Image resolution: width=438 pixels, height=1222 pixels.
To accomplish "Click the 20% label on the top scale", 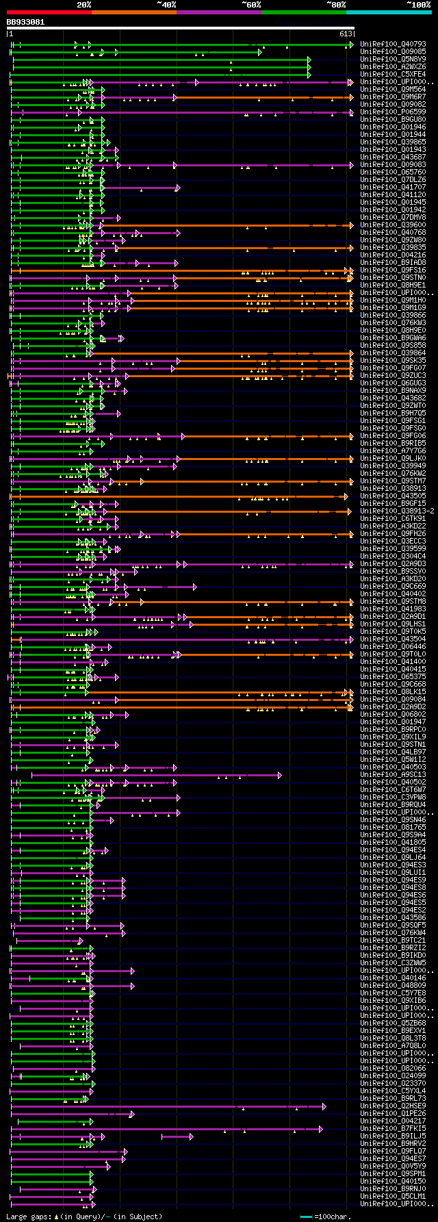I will tap(84, 4).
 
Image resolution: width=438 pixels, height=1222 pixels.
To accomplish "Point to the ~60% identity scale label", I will tap(250, 4).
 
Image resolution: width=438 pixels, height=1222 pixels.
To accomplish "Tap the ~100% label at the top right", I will tap(418, 4).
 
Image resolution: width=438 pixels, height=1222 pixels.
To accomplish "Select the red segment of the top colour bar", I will tap(49, 12).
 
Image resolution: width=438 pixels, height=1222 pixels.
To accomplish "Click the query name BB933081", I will tap(25, 22).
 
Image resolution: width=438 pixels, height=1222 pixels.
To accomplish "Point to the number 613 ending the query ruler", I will tap(345, 34).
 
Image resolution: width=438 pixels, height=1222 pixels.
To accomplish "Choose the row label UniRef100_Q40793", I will tap(392, 44).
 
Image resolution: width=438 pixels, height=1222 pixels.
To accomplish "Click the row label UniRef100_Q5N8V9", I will tap(392, 60).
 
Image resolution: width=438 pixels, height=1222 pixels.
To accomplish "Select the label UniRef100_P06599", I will tap(392, 112).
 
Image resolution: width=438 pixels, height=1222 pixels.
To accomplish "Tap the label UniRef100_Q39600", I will tap(392, 225).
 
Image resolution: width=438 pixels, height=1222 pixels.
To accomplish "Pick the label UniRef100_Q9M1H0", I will tap(392, 301).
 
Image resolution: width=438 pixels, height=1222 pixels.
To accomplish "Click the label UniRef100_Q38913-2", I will tap(396, 511).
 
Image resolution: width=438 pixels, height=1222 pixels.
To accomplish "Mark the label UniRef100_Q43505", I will tap(392, 496).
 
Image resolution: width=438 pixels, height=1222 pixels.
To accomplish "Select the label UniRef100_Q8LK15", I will tap(392, 692).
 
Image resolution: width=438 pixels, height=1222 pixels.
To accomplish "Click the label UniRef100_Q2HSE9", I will tap(392, 1106).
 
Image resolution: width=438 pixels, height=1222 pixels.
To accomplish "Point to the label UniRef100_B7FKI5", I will tap(392, 1129).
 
